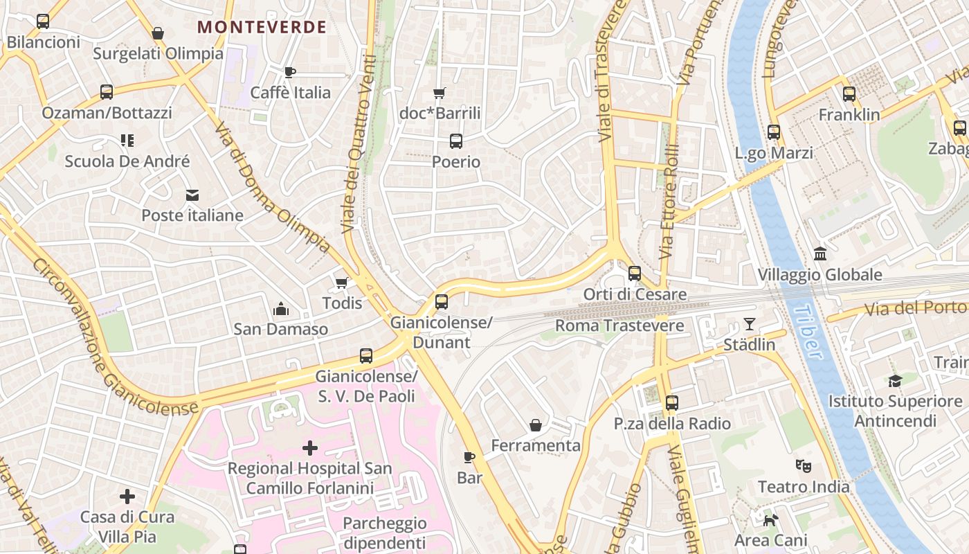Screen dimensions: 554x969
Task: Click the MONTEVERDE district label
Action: pyautogui.click(x=262, y=27)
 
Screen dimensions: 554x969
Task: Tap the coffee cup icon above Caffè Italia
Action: pyautogui.click(x=290, y=72)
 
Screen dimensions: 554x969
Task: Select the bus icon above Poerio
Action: pyautogui.click(x=455, y=141)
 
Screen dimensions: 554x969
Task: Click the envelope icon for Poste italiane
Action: pyautogui.click(x=192, y=195)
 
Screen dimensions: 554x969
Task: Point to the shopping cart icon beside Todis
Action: pyautogui.click(x=341, y=283)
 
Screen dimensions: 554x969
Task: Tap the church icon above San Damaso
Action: pyautogui.click(x=280, y=308)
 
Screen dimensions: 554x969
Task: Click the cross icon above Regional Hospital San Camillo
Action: pyautogui.click(x=310, y=448)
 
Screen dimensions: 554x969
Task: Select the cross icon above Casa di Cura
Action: pyautogui.click(x=127, y=497)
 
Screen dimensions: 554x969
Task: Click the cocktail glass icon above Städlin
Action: pyautogui.click(x=749, y=324)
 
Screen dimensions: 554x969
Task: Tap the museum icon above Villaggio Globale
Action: pyautogui.click(x=820, y=254)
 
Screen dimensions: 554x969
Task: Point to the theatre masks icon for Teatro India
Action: pyautogui.click(x=803, y=466)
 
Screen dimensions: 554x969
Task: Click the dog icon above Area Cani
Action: pyautogui.click(x=770, y=519)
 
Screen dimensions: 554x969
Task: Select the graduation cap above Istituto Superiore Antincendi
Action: pyautogui.click(x=895, y=381)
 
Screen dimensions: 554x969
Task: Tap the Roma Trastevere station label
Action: pyautogui.click(x=619, y=325)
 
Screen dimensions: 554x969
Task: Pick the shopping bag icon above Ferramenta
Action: pyautogui.click(x=535, y=425)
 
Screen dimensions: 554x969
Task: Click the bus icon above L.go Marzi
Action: pyautogui.click(x=774, y=132)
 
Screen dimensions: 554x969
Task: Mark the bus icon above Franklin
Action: pyautogui.click(x=849, y=94)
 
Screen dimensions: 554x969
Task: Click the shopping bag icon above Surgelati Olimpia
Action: pyautogui.click(x=158, y=33)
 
